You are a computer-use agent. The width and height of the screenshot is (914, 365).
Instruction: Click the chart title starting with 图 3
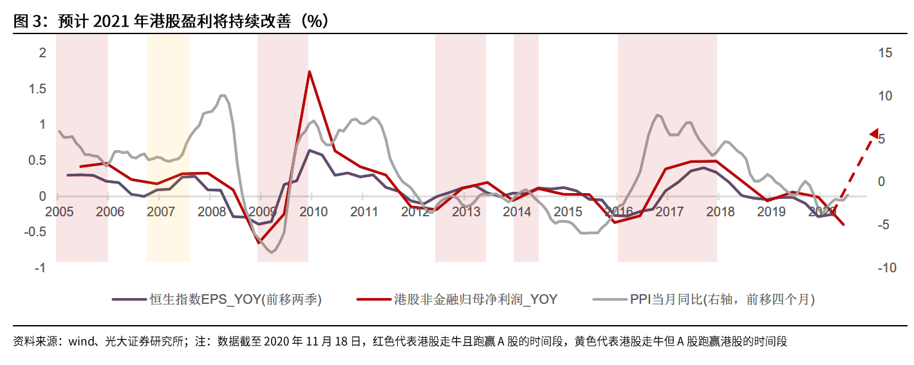tap(171, 21)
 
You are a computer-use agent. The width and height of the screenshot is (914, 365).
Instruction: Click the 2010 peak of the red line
tap(309, 71)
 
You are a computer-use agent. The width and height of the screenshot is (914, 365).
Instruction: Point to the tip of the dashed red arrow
tap(875, 131)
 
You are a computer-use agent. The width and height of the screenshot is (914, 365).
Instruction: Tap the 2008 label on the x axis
tap(212, 211)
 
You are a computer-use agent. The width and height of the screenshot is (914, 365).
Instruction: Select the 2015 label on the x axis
tap(568, 211)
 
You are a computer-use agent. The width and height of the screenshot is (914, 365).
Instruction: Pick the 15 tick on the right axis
tap(885, 53)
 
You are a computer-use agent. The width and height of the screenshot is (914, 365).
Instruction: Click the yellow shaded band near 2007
tap(168, 148)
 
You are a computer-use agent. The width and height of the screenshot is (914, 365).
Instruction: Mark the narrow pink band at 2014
tap(526, 148)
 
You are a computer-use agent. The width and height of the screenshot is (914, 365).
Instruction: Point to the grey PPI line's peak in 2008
tap(223, 95)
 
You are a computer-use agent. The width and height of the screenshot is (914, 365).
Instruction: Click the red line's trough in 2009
tap(259, 243)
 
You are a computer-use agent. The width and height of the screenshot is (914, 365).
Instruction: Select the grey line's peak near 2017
tap(657, 115)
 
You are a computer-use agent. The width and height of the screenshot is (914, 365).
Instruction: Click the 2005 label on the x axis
tap(59, 211)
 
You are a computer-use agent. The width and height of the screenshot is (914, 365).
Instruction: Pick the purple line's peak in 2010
tap(309, 150)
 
